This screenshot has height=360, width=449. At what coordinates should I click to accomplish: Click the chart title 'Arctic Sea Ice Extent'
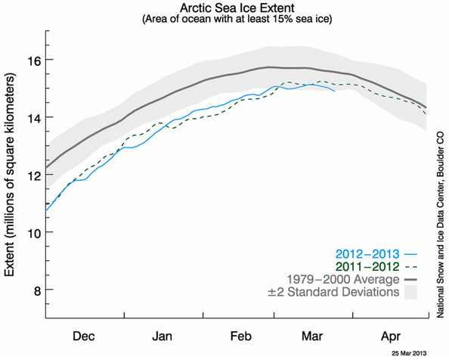(237, 8)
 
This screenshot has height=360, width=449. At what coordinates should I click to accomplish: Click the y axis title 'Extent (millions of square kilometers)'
(11, 179)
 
